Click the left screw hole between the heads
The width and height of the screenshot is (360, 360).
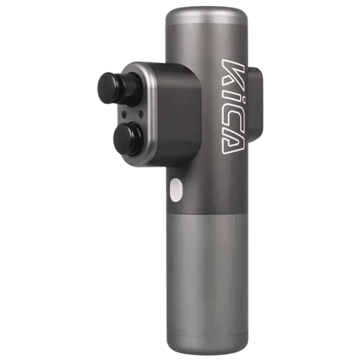(124, 113)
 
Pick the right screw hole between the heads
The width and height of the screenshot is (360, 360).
(141, 113)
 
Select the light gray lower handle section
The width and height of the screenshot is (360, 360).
(207, 283)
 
